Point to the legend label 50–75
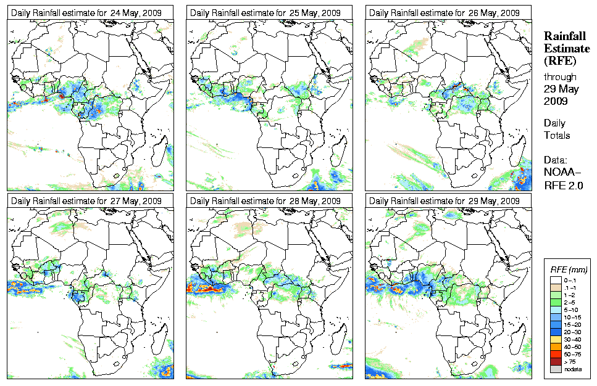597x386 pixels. [x=572, y=353]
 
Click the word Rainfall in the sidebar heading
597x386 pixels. [x=564, y=37]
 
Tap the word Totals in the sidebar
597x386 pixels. [x=557, y=135]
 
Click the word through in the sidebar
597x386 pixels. [x=560, y=77]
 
